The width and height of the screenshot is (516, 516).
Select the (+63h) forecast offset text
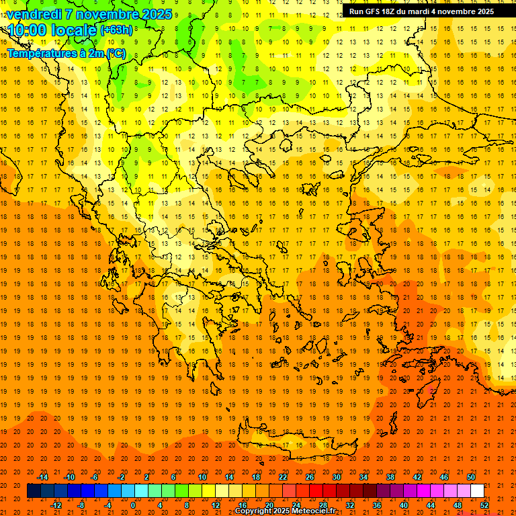116,30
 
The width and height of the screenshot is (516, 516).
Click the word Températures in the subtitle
40,53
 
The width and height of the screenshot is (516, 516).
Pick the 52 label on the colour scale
485,505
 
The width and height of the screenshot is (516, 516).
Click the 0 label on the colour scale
133,505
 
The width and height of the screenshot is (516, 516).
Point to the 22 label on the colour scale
283,477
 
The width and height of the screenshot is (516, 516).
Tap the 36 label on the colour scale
377,505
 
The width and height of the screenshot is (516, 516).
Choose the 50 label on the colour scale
470,477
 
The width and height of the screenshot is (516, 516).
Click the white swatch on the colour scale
477,491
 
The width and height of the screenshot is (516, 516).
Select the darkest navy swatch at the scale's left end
34,491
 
